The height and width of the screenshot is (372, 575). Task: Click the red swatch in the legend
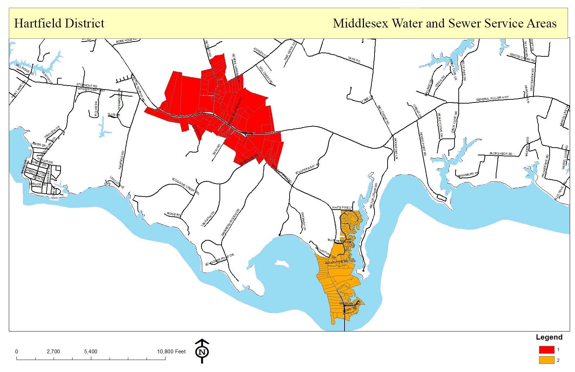click(546, 350)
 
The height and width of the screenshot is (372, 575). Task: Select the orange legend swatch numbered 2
click(546, 360)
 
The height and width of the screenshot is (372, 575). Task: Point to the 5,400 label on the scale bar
click(91, 352)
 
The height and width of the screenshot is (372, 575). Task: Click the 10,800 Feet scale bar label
click(171, 352)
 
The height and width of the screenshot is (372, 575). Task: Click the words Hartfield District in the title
click(59, 24)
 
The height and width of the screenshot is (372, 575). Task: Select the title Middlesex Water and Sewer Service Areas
click(445, 24)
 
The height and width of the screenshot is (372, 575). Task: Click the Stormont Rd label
click(87, 85)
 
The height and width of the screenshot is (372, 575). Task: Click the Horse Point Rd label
click(422, 144)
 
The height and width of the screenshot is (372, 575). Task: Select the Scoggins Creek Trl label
click(186, 186)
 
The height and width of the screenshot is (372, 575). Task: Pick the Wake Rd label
click(353, 60)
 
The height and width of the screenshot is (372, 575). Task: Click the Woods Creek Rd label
click(522, 57)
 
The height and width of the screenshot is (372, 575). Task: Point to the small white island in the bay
click(282, 264)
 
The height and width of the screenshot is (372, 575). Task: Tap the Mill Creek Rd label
click(383, 115)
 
